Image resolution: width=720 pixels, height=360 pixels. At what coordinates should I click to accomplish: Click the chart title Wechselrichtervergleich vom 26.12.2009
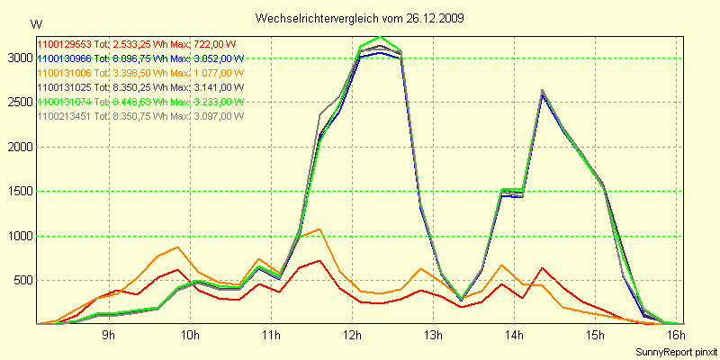pos(360,18)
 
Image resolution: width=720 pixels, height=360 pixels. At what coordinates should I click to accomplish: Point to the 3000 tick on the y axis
pos(18,58)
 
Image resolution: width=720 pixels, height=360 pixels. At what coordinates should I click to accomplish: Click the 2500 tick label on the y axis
pos(18,103)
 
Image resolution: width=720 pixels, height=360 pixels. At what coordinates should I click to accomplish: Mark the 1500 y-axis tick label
pos(18,192)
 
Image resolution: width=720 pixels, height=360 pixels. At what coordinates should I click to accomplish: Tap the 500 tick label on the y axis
pos(21,280)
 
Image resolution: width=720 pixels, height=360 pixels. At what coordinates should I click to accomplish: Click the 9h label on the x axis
pos(108,336)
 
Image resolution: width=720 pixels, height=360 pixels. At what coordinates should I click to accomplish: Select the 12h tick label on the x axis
pos(352,336)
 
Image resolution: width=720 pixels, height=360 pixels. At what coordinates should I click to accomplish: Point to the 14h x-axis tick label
pos(514,336)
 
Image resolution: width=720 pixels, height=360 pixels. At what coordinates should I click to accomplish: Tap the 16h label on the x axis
pos(676,336)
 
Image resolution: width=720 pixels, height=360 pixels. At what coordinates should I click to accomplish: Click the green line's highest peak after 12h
pos(381,37)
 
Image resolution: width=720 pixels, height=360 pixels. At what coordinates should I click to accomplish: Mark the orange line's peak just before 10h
pos(178,247)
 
